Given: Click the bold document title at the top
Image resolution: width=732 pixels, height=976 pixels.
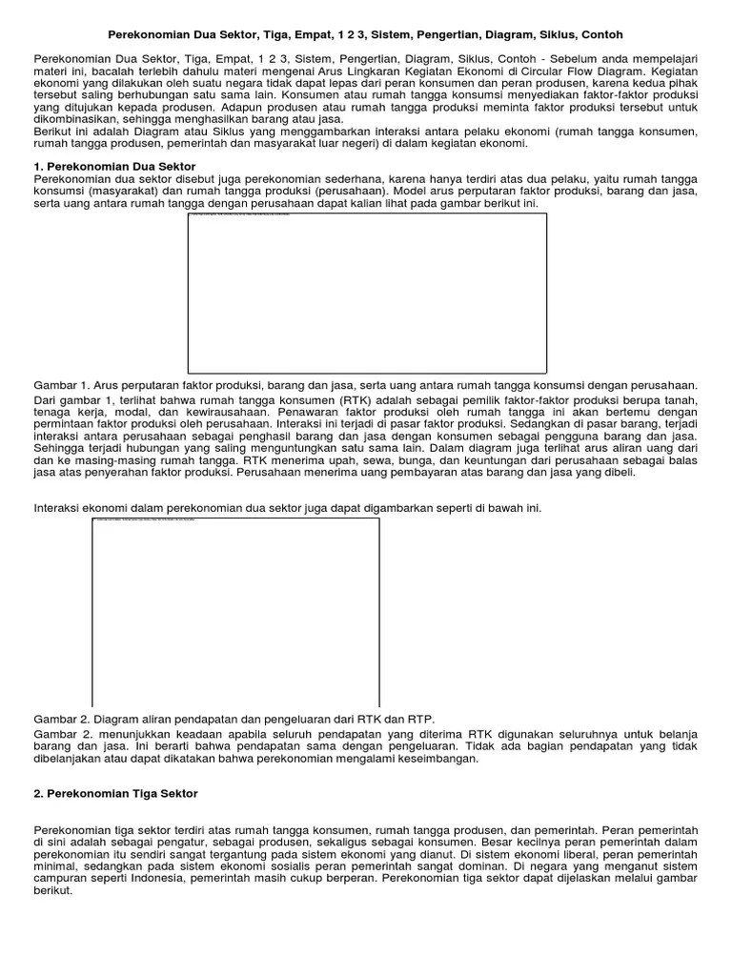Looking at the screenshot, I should [x=366, y=34].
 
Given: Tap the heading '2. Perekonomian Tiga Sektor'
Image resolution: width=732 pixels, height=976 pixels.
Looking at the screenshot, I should [x=114, y=793].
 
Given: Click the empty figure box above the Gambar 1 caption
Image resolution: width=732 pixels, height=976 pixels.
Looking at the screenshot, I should [x=367, y=293].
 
